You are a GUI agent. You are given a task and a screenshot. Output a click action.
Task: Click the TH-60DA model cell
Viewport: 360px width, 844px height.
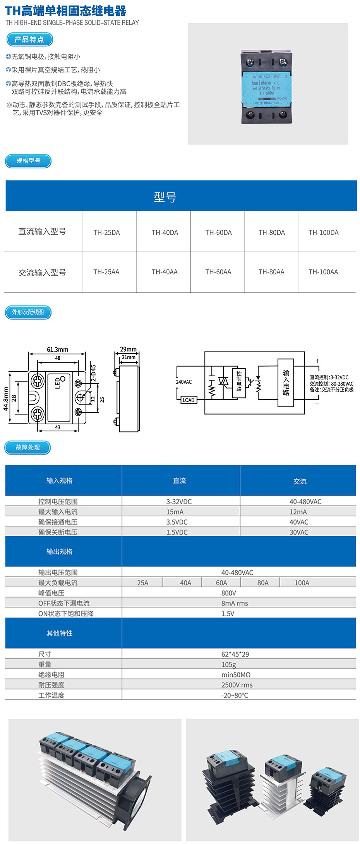click(218, 233)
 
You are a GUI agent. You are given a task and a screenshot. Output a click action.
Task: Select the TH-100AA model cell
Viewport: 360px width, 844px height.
click(323, 272)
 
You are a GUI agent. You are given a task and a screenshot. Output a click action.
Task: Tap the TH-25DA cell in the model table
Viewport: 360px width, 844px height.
click(106, 233)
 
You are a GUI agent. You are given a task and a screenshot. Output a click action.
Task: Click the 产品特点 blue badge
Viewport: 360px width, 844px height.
click(29, 39)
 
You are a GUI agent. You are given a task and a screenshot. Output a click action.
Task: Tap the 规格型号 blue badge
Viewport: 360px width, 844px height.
click(28, 161)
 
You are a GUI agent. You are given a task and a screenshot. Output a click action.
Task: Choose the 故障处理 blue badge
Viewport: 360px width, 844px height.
click(28, 448)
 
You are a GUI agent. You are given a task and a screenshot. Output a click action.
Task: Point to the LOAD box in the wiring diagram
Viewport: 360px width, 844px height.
click(189, 400)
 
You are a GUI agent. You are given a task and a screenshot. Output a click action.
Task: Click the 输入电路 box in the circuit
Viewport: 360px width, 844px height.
click(286, 383)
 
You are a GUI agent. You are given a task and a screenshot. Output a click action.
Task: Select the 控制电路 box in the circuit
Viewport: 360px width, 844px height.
click(239, 382)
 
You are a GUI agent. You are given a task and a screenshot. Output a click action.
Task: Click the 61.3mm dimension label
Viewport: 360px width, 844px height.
click(57, 350)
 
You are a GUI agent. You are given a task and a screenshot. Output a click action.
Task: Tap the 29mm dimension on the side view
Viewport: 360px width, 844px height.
click(128, 349)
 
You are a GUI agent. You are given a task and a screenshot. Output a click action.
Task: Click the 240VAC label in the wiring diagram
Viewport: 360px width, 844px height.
click(184, 382)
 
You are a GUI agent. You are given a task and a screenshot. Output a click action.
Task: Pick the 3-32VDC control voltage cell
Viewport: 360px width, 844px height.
click(179, 502)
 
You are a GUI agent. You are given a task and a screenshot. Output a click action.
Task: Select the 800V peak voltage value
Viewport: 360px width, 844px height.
click(229, 593)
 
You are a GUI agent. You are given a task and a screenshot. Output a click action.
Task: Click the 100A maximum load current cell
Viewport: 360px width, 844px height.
click(302, 583)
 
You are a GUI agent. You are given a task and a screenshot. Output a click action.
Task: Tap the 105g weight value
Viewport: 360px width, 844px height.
click(229, 665)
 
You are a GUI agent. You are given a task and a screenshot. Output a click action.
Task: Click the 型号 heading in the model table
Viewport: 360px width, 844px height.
click(165, 197)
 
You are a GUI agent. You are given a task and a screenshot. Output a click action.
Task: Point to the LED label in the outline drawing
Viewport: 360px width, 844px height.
click(58, 383)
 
